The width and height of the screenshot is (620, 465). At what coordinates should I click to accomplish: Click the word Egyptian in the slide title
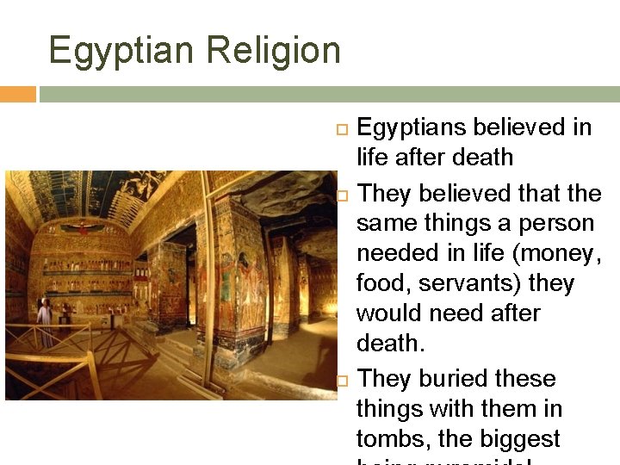pos(121,50)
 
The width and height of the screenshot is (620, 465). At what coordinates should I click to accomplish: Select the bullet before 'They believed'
pos(341,195)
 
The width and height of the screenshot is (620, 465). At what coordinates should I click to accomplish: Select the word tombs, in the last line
pos(393,438)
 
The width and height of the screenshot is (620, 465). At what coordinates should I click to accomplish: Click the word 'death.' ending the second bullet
pos(389,344)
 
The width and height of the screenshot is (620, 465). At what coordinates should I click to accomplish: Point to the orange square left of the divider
pos(17,94)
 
